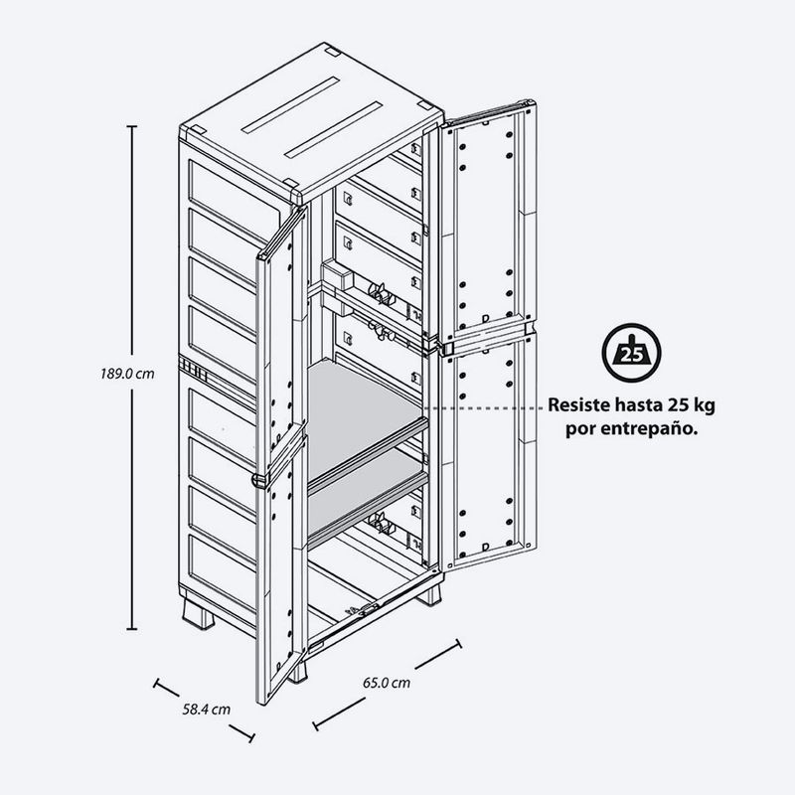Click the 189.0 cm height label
pos(127,374)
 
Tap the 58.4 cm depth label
pos(207,710)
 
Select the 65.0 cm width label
pos(387,683)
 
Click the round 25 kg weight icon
pos(631,353)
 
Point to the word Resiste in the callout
pos(579,405)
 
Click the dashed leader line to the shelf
pos(484,407)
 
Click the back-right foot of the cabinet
pos(429,594)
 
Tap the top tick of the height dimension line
pos(132,126)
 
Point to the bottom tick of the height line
pos(132,629)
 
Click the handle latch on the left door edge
pos(259,480)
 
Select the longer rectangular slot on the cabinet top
pos(334,130)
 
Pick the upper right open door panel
pos(488,223)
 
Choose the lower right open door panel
pos(488,451)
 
